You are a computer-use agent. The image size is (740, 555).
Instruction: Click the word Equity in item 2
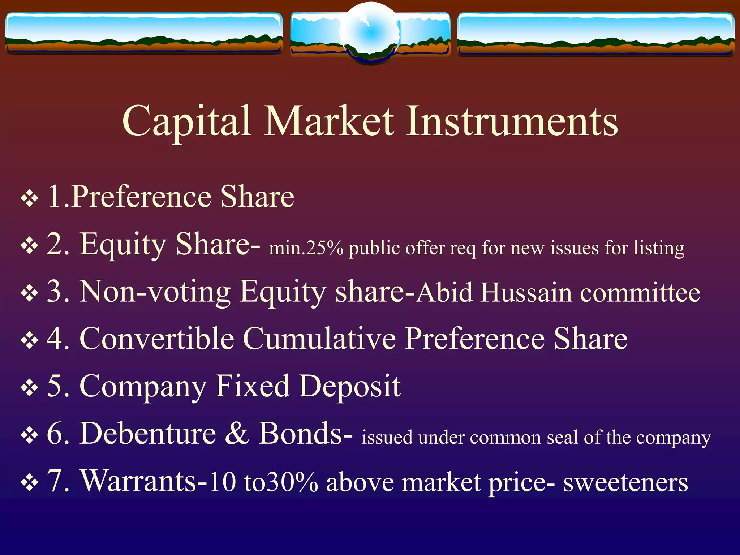tap(123, 245)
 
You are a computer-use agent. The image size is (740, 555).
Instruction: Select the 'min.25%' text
tap(306, 249)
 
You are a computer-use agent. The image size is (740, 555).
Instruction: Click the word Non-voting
tap(155, 292)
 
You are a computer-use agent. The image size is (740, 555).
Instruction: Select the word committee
tap(640, 293)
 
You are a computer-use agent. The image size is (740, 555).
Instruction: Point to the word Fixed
tap(253, 386)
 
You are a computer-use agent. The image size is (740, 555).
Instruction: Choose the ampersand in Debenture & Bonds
tap(237, 434)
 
